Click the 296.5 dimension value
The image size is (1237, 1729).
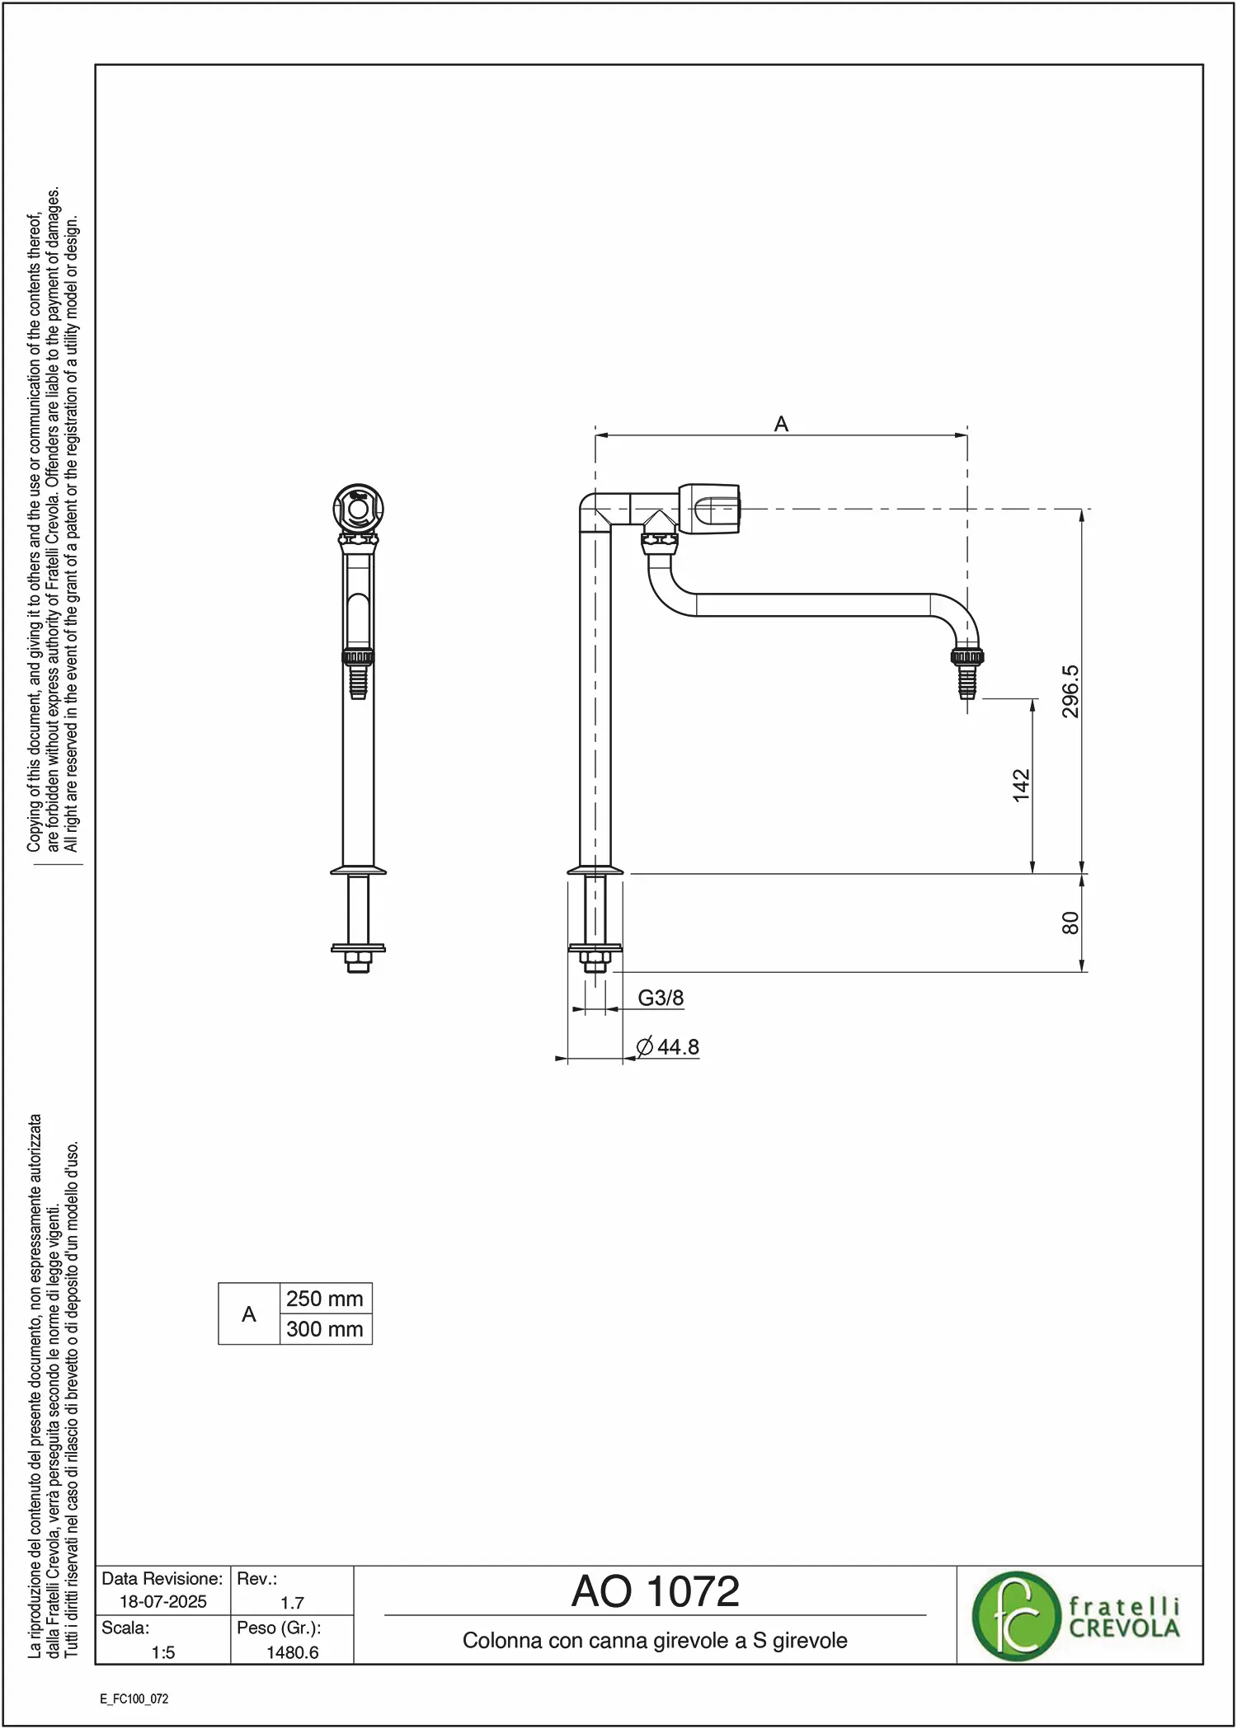[x=1070, y=691]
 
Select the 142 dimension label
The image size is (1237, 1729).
[x=1021, y=785]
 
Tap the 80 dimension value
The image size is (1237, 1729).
[x=1070, y=923]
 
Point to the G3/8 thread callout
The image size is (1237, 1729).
[x=661, y=998]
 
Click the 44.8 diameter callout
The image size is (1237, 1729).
[x=668, y=1046]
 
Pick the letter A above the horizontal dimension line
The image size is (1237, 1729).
[x=781, y=424]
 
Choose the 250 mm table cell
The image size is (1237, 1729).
[x=326, y=1299]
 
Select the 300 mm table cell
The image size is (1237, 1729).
[x=326, y=1329]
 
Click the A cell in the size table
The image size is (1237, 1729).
[x=249, y=1314]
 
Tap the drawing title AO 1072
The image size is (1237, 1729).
[x=656, y=1591]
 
